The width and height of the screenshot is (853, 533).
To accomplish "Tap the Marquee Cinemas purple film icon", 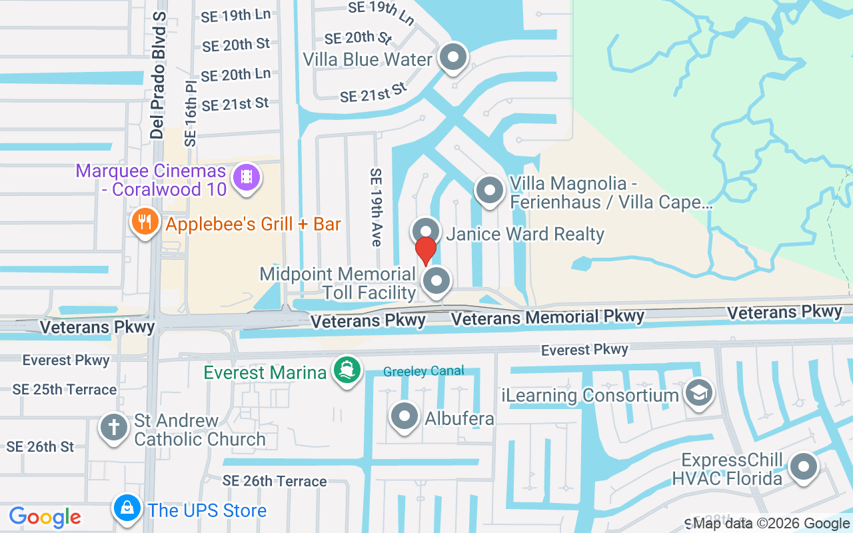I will (x=247, y=177).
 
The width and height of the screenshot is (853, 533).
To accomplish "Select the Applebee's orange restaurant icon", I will (x=145, y=221).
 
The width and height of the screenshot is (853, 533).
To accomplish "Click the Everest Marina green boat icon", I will (x=347, y=370).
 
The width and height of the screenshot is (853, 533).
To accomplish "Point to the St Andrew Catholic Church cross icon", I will (x=115, y=427).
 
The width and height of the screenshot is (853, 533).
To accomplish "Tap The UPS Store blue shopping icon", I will (x=127, y=509).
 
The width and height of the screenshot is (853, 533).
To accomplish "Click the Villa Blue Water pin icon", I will (x=454, y=58).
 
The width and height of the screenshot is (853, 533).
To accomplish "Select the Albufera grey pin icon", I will (x=404, y=417).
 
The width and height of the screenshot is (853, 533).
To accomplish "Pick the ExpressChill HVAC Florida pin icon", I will (x=803, y=468).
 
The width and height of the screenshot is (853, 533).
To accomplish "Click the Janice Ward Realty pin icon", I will (x=426, y=231).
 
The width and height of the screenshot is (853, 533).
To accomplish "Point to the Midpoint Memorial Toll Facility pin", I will (x=436, y=281).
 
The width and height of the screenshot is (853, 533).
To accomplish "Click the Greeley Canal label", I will (x=424, y=372).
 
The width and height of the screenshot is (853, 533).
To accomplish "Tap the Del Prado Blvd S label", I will (x=158, y=75).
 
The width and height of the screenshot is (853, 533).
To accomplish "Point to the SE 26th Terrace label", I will (x=275, y=481).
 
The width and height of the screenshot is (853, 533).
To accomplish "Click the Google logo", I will (x=45, y=516).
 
